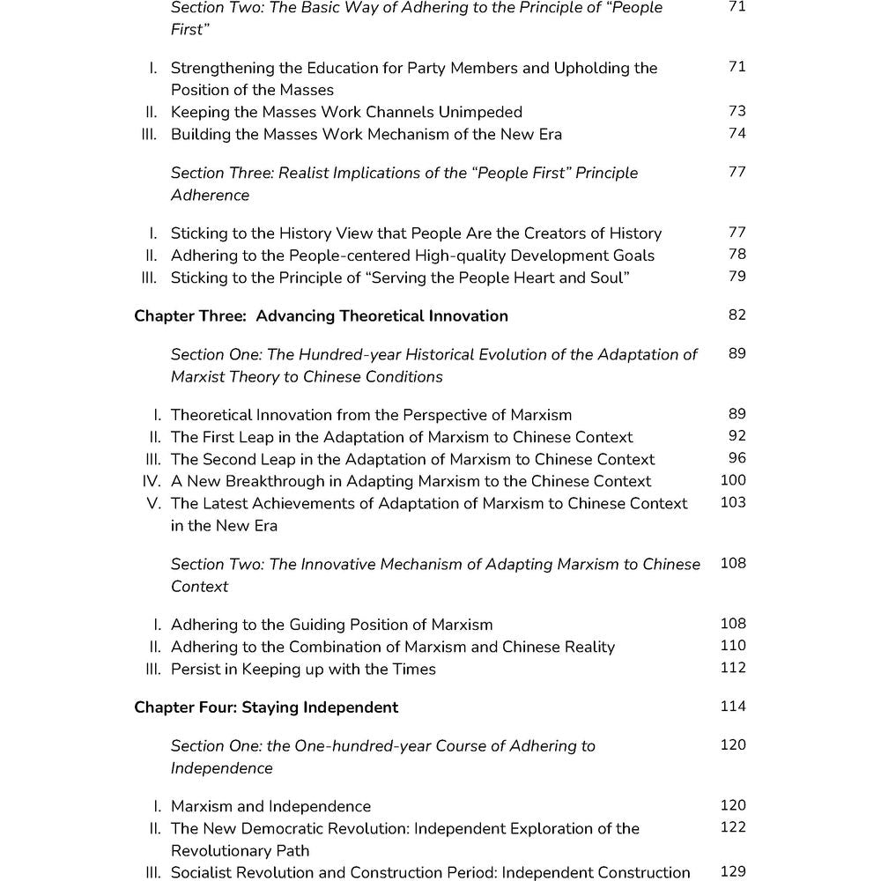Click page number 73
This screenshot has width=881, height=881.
737,111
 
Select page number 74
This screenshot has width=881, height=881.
737,133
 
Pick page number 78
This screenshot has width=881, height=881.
737,255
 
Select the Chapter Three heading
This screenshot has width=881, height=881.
321,315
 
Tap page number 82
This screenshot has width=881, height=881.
737,315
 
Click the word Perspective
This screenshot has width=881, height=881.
402,415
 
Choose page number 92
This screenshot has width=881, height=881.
737,436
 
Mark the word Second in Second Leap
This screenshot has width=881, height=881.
232,459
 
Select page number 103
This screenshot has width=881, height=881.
733,502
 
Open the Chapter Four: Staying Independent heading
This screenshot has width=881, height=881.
266,707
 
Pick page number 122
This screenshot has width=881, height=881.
733,827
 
